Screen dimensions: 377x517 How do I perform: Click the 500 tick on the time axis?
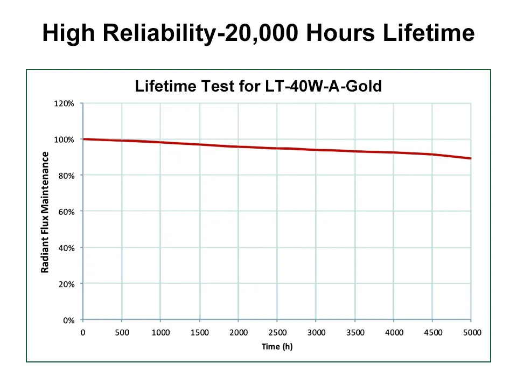pyautogui.click(x=122, y=332)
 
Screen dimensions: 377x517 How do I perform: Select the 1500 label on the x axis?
pyautogui.click(x=199, y=332)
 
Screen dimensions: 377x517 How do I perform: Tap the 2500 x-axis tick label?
pyautogui.click(x=277, y=332)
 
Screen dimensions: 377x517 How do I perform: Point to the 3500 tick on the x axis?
pyautogui.click(x=355, y=332)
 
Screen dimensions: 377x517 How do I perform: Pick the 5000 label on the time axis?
pyautogui.click(x=472, y=332)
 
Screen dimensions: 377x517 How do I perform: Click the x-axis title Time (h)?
pyautogui.click(x=277, y=346)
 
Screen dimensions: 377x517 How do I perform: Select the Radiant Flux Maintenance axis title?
pyautogui.click(x=46, y=212)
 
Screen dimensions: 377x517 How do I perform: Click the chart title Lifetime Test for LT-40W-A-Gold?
pyautogui.click(x=258, y=86)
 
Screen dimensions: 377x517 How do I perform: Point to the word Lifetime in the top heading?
pyautogui.click(x=429, y=33)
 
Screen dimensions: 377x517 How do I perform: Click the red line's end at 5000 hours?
pyautogui.click(x=471, y=158)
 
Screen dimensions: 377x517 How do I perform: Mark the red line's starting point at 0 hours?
pyautogui.click(x=83, y=139)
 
